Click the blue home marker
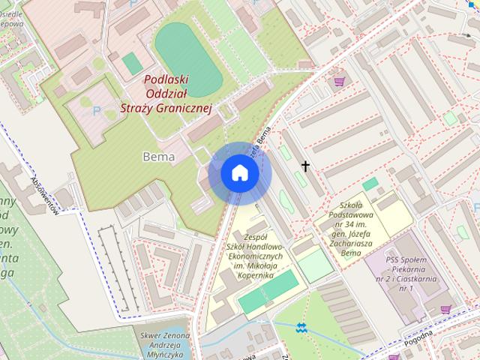click(x=239, y=173)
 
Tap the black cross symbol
click(x=305, y=166)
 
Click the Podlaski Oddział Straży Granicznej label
click(x=167, y=94)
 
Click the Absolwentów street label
click(x=44, y=194)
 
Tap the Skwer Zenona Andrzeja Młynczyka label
click(x=164, y=343)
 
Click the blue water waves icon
click(x=301, y=328)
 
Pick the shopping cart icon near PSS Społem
click(x=446, y=309)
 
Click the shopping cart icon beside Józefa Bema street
click(x=340, y=79)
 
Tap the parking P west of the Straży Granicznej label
click(x=96, y=110)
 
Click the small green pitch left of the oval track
click(x=132, y=63)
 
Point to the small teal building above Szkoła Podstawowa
click(x=370, y=184)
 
